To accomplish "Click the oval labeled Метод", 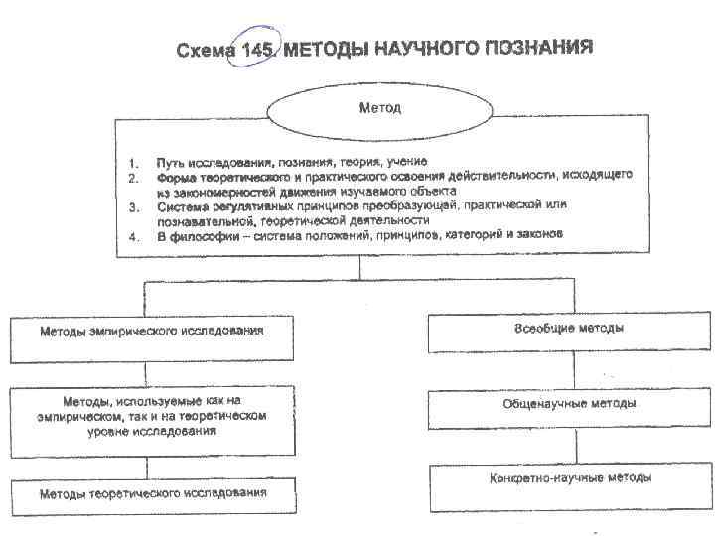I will [x=379, y=108].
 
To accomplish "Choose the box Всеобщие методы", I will [x=570, y=329].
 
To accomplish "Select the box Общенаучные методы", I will [x=570, y=405].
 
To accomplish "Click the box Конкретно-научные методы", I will [x=570, y=479].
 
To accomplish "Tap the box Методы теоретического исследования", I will [x=153, y=493].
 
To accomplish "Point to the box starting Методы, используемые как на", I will [x=153, y=417].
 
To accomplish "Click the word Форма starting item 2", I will [x=175, y=176].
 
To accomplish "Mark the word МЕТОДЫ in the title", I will [x=322, y=50].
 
